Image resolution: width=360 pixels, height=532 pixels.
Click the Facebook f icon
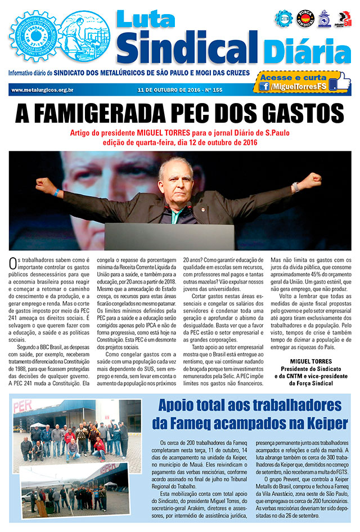pyautogui.click(x=264, y=86)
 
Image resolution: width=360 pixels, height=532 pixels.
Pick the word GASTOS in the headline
pyautogui.click(x=304, y=114)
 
